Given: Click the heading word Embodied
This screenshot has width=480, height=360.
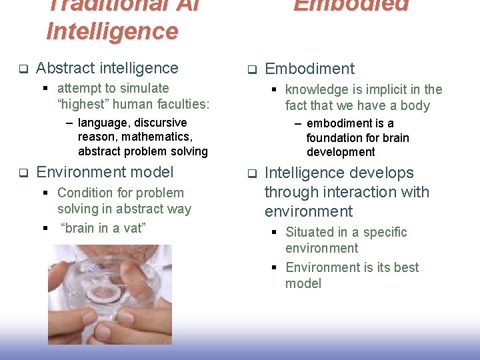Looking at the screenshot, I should [351, 5].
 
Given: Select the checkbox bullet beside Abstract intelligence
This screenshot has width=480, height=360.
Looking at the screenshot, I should [22, 69].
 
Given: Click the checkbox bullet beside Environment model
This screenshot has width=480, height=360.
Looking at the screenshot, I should [22, 173].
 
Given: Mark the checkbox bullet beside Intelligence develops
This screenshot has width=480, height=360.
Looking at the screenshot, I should [252, 173].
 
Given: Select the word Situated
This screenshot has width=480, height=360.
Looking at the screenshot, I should [311, 232].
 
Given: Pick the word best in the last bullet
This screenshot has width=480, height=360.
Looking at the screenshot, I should [406, 267].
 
